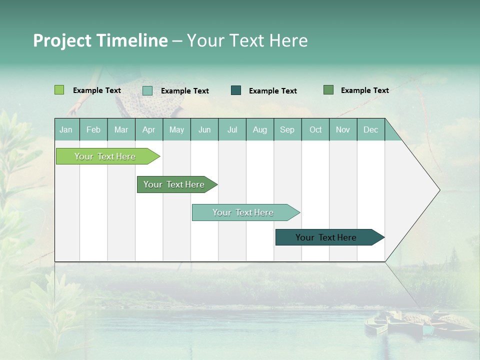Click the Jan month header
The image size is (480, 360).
tap(66, 129)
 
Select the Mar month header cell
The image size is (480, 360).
tap(121, 129)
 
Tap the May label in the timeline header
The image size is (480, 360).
tap(176, 129)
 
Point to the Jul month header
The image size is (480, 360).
tap(232, 129)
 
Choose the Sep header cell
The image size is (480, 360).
tap(287, 129)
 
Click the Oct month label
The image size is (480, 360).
tap(315, 129)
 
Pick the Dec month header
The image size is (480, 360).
tap(370, 129)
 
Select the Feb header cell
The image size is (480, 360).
tap(93, 129)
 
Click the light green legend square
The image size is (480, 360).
tap(59, 90)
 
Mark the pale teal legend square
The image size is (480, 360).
tap(147, 90)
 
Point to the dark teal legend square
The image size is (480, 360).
tap(236, 90)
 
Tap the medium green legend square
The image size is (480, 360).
tap(328, 90)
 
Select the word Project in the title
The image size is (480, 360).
tap(62, 40)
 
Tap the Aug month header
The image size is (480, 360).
tap(260, 129)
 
